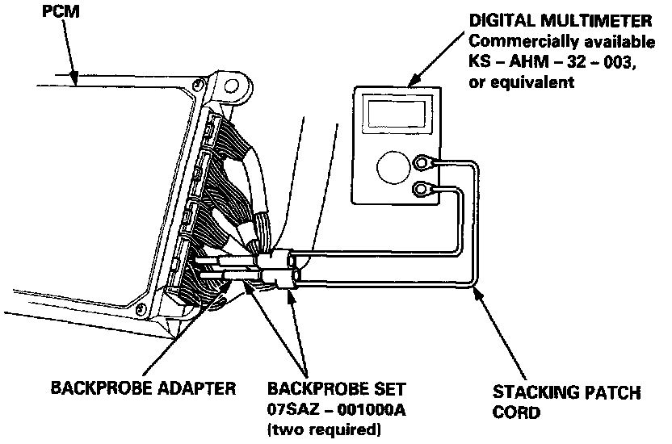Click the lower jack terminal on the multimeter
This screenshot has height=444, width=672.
click(422, 191)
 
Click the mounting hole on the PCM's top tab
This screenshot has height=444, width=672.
click(230, 83)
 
